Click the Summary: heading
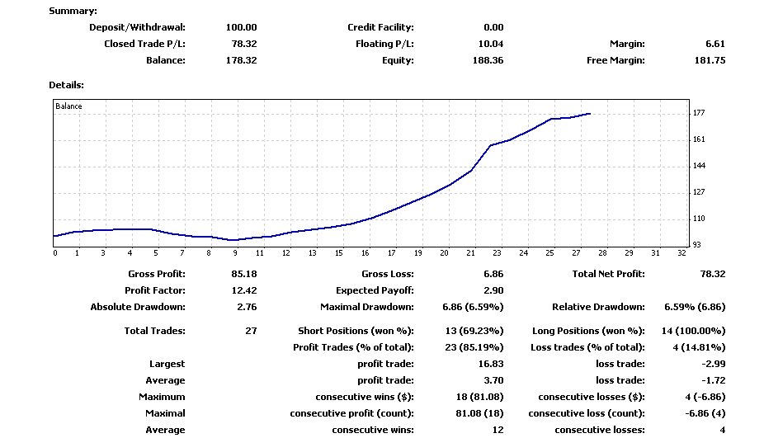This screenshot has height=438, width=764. coord(73,11)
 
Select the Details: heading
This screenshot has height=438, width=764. coord(66,85)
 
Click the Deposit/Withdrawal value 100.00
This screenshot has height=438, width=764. coord(241,27)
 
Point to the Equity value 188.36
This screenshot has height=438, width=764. coord(487,60)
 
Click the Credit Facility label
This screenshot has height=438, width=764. coord(380,27)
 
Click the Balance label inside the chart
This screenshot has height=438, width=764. coord(68,106)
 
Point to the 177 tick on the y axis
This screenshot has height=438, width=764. coord(698,113)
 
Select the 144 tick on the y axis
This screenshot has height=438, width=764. coord(698,166)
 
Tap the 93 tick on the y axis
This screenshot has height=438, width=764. coord(696,245)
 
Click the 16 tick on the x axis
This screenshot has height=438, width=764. coord(365,253)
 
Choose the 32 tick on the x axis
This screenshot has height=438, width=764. coord(681,253)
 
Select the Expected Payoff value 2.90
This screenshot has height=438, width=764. coord(493,290)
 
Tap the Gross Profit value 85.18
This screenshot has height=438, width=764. coord(243,274)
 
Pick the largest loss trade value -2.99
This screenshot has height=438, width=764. coord(712,364)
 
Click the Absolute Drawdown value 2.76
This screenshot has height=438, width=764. coord(247,307)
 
